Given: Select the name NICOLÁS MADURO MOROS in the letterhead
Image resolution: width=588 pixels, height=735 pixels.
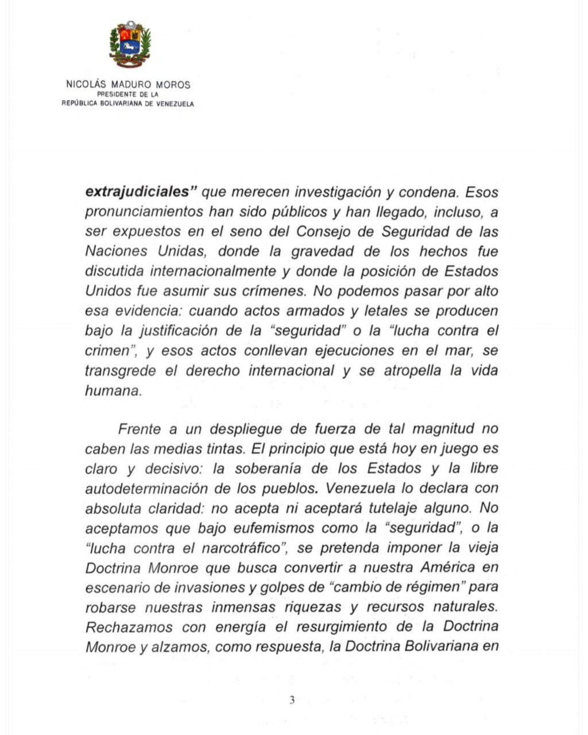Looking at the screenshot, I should click(x=128, y=84).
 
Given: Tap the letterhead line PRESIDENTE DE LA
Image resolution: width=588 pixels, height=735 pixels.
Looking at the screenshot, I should click(x=127, y=94).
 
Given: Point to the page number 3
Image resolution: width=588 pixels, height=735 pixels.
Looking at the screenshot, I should click(x=292, y=700).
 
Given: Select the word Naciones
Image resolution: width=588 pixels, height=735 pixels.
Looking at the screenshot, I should click(x=115, y=252).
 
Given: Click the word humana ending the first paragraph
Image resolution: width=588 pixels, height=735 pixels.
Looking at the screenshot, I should click(x=113, y=390).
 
